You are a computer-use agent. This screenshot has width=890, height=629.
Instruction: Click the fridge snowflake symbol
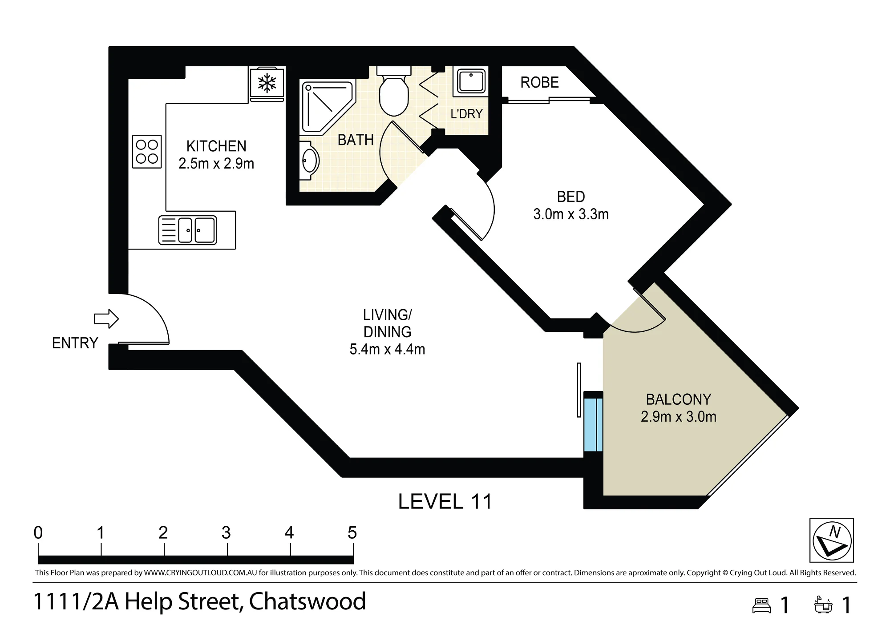click(x=267, y=83)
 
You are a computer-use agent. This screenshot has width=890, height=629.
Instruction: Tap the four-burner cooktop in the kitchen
click(x=147, y=152)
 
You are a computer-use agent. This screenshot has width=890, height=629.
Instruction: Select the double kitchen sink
click(x=188, y=230)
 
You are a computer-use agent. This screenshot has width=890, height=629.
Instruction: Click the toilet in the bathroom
click(x=394, y=92)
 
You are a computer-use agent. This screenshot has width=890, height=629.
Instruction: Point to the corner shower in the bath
click(x=327, y=107)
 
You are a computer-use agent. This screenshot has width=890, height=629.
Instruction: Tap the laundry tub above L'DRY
click(x=470, y=81)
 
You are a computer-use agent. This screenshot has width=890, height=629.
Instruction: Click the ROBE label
click(x=539, y=82)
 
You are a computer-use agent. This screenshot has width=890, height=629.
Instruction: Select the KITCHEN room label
click(x=216, y=146)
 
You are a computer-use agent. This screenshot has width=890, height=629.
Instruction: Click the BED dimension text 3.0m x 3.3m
click(x=571, y=214)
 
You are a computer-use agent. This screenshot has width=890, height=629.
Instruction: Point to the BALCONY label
click(x=679, y=399)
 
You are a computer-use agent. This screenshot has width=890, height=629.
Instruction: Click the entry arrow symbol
click(x=106, y=319)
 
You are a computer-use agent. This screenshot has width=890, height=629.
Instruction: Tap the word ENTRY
click(x=75, y=343)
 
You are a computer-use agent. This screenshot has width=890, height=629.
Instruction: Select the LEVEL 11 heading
click(x=445, y=502)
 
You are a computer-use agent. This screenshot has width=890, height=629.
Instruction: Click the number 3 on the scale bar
click(x=226, y=532)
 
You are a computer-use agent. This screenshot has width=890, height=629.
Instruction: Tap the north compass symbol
click(x=832, y=540)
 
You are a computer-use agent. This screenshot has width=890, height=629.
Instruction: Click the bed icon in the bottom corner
click(x=761, y=605)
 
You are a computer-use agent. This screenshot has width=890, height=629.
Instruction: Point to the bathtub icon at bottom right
click(x=823, y=605)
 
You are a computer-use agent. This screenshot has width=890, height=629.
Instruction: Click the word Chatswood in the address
click(x=307, y=601)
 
